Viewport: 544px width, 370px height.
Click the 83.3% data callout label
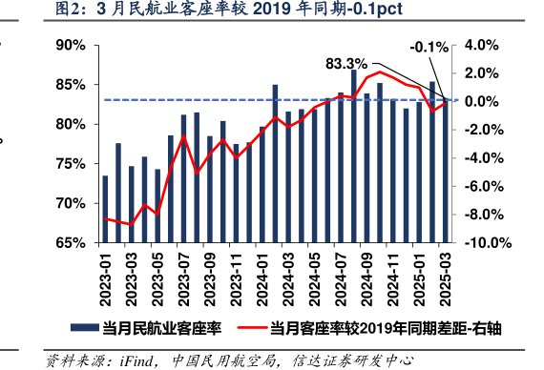pos(346,64)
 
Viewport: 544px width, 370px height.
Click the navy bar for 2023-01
pos(105,209)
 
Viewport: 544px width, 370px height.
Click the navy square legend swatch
pos(93,330)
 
